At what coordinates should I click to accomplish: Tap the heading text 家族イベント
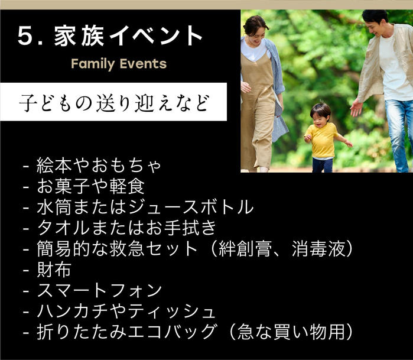pos(128,35)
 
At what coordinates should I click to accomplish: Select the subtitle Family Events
pos(119,64)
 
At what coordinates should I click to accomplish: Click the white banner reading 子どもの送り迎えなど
pos(113,102)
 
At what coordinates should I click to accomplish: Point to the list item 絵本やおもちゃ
pos(99,166)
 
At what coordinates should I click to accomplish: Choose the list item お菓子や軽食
pos(90,186)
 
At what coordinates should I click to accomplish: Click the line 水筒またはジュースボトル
pos(145,207)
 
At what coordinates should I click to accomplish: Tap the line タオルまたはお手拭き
pos(126,228)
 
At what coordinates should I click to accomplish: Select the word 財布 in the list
pos(54,269)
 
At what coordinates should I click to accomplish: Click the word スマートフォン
pos(99,290)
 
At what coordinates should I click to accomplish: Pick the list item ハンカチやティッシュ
pos(126,311)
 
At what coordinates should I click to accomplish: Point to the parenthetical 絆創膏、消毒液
pos(282,248)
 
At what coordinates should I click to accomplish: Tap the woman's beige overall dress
pos(258,111)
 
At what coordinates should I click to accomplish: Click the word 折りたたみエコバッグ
pos(126,332)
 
